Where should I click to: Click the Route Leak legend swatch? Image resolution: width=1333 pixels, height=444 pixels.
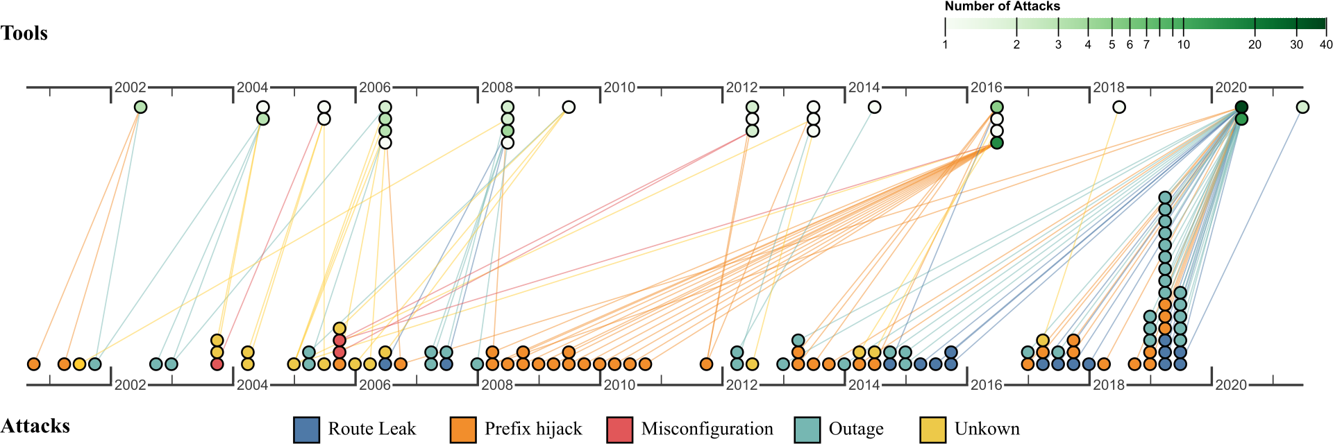click(306, 429)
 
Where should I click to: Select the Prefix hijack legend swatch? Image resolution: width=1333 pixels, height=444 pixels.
click(463, 429)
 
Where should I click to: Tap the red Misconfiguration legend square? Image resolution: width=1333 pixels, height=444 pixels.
click(619, 429)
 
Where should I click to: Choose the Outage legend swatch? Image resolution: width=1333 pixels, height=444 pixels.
click(807, 429)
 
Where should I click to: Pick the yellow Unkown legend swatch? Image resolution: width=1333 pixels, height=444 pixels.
click(932, 429)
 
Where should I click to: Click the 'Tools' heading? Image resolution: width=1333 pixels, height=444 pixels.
click(24, 33)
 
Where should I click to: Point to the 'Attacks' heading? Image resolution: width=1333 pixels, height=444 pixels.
click(35, 426)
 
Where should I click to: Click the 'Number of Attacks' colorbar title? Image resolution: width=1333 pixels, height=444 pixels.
click(1002, 6)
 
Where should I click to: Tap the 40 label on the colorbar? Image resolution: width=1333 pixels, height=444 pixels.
click(1325, 44)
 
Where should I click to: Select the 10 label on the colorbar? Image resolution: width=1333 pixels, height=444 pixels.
click(1183, 44)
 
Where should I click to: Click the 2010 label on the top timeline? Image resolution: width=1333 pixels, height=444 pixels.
click(619, 87)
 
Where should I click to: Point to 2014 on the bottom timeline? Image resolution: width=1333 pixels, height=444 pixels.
click(864, 385)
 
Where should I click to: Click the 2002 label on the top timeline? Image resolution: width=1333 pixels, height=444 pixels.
click(130, 87)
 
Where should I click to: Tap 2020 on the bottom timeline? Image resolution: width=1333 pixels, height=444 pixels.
click(1231, 385)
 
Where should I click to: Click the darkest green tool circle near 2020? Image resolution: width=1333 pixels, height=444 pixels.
click(1241, 107)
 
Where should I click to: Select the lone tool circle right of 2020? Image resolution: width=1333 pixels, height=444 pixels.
click(1302, 107)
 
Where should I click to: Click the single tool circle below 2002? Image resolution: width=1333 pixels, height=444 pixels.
click(140, 107)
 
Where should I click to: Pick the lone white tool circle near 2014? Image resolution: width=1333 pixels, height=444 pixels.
click(875, 107)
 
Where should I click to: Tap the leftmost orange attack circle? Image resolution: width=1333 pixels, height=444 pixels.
click(33, 364)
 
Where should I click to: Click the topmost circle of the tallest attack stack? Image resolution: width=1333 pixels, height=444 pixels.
click(1165, 198)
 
